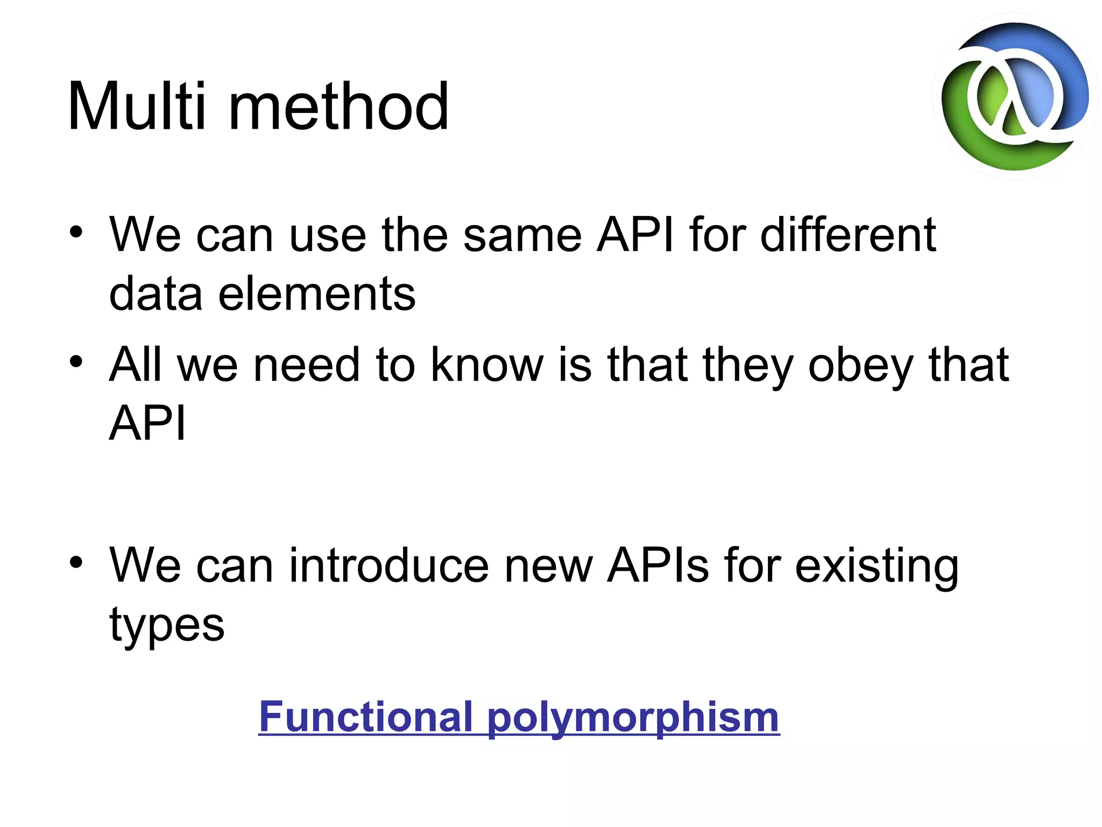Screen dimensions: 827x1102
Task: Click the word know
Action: (488, 365)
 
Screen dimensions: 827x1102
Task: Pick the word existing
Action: (877, 566)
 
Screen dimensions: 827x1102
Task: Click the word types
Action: (167, 626)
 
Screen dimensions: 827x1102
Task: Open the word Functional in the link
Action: (366, 717)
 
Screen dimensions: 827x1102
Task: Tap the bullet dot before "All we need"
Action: (76, 361)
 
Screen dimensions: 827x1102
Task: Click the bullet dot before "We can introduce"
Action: (76, 562)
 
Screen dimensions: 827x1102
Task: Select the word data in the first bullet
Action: (156, 294)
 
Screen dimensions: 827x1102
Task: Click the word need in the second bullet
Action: (306, 365)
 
